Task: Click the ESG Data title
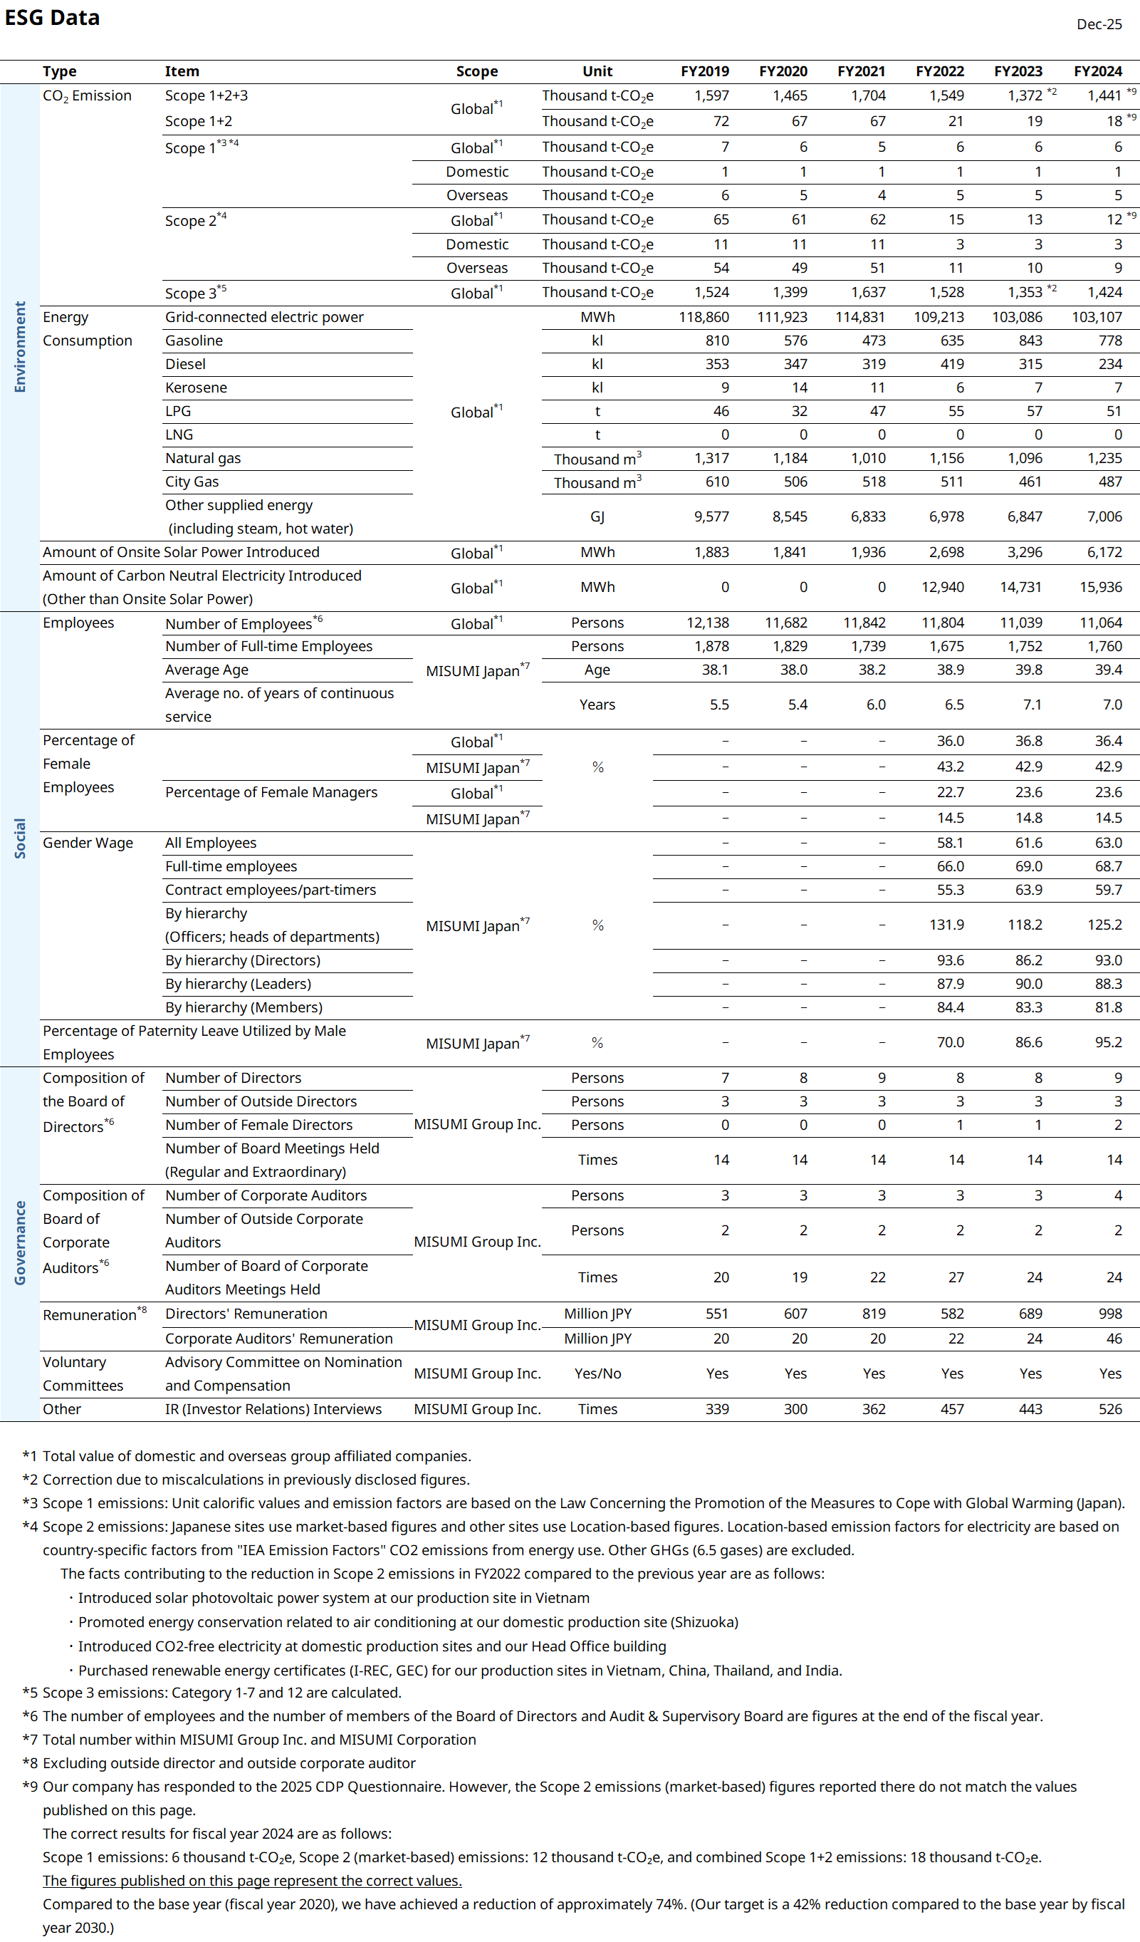[53, 18]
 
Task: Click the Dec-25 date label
[1099, 25]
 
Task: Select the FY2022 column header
[939, 72]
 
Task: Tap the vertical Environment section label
[20, 347]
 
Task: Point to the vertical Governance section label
[20, 1243]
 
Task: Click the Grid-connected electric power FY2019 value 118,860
[704, 317]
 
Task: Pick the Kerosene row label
[196, 388]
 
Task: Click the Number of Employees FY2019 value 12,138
[707, 623]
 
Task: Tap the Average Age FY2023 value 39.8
[1028, 670]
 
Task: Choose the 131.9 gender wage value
[946, 925]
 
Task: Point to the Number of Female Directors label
[258, 1125]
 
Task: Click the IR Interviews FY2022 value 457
[952, 1410]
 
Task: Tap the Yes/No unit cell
[597, 1374]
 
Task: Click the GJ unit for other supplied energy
[597, 517]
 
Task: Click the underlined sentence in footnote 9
[252, 1881]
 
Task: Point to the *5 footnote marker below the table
[30, 1693]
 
